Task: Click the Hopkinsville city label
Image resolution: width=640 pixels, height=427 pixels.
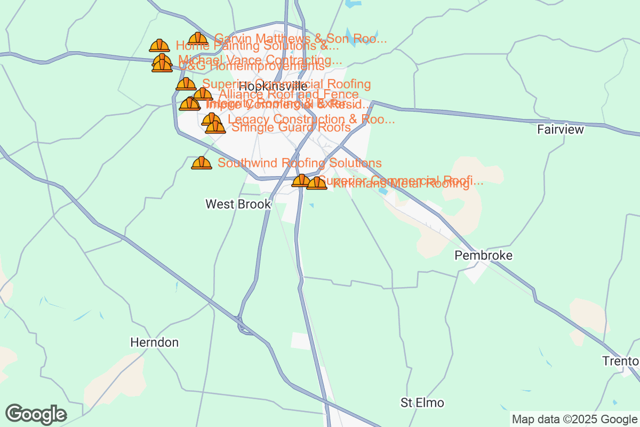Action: tap(273, 86)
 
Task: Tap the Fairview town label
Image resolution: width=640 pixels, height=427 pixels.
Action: tap(561, 129)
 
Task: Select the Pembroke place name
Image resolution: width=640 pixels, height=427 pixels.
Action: tap(483, 255)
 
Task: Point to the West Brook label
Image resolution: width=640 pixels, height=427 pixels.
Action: tap(238, 204)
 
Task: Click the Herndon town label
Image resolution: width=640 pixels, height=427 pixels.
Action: tap(154, 342)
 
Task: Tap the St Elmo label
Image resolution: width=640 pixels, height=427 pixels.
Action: tap(422, 402)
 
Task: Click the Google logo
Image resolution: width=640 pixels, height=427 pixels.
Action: tap(36, 414)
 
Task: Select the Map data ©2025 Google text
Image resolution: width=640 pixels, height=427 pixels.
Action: tap(574, 419)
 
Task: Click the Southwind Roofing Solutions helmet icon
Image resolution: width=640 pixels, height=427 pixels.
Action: tap(201, 163)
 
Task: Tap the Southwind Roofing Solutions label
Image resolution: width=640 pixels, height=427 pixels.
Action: tap(300, 163)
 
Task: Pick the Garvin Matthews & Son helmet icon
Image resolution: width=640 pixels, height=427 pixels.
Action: tap(198, 39)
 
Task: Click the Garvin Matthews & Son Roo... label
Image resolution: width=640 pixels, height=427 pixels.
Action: tap(300, 38)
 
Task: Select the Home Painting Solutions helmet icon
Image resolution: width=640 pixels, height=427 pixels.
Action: tap(159, 46)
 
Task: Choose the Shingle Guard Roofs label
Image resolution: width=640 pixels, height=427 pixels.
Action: tap(291, 128)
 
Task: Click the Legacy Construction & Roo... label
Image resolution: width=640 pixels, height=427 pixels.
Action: tap(311, 119)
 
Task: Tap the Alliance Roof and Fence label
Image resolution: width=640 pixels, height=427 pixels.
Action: tap(289, 94)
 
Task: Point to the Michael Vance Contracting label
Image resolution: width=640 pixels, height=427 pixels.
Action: tap(260, 59)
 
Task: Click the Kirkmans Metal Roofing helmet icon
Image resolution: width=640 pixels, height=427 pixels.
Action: tap(317, 184)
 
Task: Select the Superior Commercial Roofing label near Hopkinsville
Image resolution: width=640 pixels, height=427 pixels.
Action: tap(286, 84)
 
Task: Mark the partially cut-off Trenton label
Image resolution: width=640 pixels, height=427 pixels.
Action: tap(621, 361)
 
